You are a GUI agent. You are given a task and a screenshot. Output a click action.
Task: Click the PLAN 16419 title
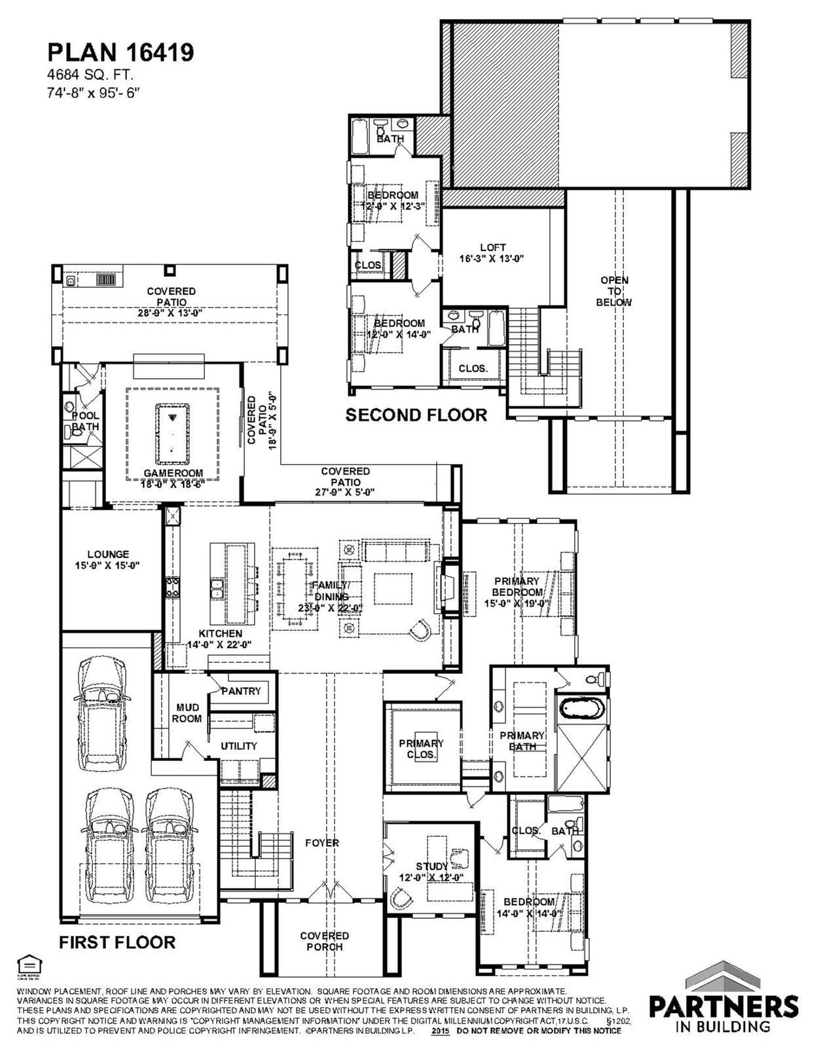click(120, 52)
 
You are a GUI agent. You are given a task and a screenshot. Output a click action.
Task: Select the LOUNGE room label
click(108, 559)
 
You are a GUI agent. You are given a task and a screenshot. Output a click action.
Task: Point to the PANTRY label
click(241, 691)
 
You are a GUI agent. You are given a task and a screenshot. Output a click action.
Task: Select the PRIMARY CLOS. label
click(421, 749)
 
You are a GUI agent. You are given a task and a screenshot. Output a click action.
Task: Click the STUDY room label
click(432, 866)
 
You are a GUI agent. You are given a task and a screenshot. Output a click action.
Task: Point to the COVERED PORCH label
click(325, 941)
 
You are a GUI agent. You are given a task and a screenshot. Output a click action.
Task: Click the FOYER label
click(322, 843)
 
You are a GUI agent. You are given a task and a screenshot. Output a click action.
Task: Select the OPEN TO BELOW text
click(614, 291)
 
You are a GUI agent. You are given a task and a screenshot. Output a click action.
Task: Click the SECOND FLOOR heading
click(416, 415)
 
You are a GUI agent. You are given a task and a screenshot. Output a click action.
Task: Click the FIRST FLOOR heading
click(117, 942)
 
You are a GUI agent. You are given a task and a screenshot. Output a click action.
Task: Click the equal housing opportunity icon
click(27, 965)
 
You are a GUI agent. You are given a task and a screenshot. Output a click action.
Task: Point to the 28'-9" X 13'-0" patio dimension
click(171, 313)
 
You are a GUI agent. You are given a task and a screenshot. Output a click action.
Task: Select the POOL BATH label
click(85, 421)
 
